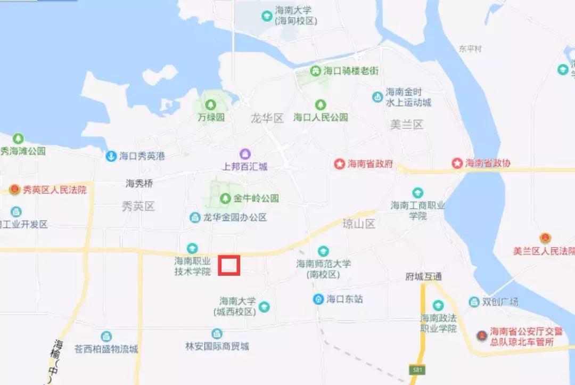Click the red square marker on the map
point(229,265)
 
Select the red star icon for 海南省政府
point(340,164)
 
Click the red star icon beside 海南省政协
point(457,163)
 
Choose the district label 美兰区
point(406,125)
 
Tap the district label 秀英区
point(138,206)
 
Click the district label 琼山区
point(359,224)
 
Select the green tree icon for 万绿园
point(212,104)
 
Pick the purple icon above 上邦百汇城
point(244,154)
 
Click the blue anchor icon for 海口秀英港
point(111,156)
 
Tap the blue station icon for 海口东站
point(318,299)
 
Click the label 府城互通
point(424,277)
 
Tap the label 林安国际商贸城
point(217,347)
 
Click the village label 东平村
point(470,49)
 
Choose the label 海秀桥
point(139,184)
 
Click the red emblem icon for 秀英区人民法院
point(15,190)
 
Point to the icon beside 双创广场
point(474,302)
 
